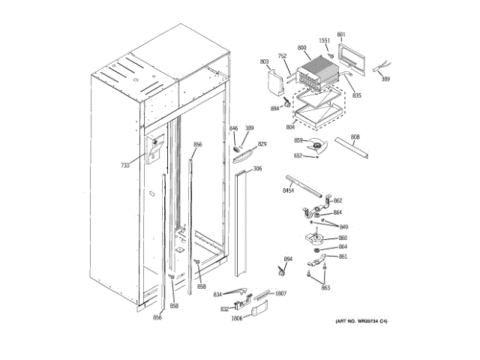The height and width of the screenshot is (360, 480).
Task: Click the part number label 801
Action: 341,34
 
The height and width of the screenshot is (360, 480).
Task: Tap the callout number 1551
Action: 324,40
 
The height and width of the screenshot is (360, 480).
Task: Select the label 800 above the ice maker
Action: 302,48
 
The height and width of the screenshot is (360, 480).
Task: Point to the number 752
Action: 283,56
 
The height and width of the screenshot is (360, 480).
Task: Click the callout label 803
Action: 264,61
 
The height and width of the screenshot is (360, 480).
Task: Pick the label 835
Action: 357,95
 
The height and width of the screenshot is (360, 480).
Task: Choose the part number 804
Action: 291,127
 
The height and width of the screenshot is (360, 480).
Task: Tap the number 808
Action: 355,136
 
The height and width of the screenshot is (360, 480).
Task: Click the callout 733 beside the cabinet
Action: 124,165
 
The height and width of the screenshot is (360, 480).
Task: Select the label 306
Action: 257,169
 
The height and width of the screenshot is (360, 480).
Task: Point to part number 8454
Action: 288,193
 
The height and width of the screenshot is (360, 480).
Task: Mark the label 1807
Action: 280,293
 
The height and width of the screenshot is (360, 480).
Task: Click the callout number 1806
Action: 236,319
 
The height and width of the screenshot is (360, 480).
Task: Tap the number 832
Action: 224,309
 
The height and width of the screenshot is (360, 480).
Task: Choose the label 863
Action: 325,287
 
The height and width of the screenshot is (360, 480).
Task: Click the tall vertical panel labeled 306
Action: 241,225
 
